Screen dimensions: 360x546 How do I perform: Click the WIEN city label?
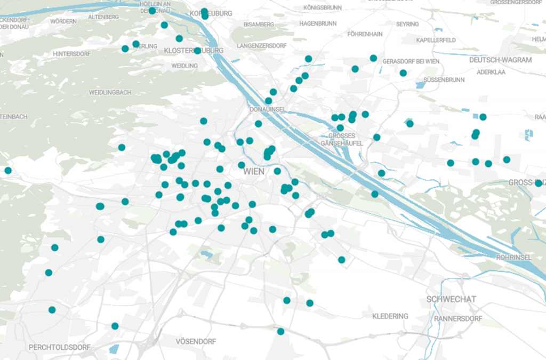(254, 172)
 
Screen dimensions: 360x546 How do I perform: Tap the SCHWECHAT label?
(451, 299)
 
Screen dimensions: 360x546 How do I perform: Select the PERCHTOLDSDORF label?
(59, 347)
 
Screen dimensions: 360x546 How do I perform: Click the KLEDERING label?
(390, 316)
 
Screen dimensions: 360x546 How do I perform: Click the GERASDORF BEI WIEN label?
(411, 61)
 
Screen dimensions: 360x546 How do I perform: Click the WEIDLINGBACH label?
(110, 92)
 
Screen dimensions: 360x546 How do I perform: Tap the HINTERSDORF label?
(72, 54)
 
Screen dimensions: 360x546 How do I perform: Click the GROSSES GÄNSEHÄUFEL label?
(341, 139)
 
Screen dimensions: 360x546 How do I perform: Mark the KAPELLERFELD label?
(436, 40)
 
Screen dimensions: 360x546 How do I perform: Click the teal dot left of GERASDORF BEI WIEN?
(373, 58)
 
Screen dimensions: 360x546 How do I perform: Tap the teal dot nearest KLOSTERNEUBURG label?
(197, 51)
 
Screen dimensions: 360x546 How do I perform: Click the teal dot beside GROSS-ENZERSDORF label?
(538, 183)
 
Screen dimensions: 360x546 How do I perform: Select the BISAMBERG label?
(258, 25)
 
